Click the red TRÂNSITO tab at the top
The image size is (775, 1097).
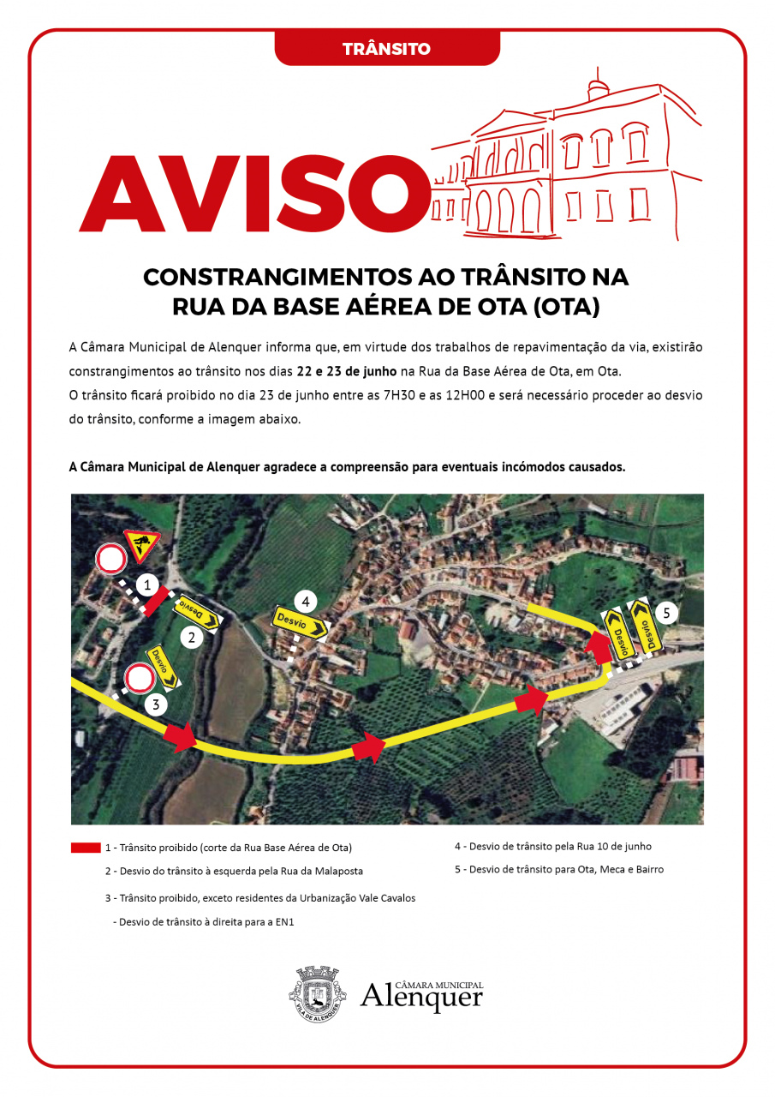coord(386,49)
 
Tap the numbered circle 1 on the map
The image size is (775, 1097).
coord(148,586)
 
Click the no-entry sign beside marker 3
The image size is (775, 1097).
coord(139,679)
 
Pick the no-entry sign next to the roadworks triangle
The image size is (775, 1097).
coord(111,559)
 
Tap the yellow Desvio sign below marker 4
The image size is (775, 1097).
coord(301,623)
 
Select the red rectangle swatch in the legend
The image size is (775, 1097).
coord(86,848)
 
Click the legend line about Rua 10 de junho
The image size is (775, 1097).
coord(552,847)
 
